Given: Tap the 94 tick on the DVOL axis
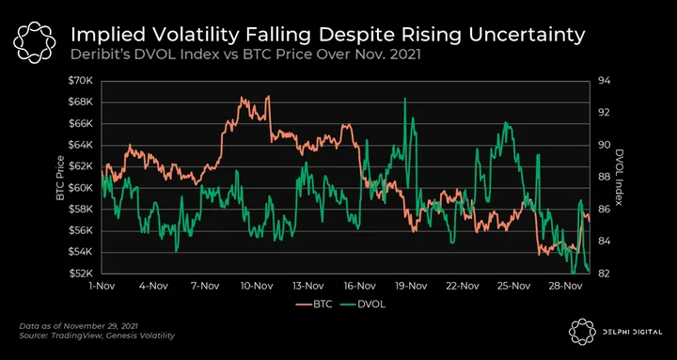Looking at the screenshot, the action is click(x=603, y=81).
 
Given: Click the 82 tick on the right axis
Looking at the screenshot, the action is click(x=603, y=274).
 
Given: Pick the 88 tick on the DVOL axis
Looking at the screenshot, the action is click(x=603, y=177).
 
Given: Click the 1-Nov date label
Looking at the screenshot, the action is click(x=102, y=286).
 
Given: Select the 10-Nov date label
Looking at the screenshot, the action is click(x=256, y=286).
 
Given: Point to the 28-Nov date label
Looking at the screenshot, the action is click(x=562, y=286).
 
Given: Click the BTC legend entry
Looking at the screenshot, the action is click(x=314, y=305).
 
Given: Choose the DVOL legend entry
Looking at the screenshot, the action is click(x=362, y=305).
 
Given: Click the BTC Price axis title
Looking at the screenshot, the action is click(x=60, y=178).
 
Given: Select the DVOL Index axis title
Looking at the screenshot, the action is click(x=620, y=178).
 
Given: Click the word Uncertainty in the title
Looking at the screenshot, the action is click(x=527, y=36).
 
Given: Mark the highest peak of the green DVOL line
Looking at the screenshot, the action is click(x=405, y=99).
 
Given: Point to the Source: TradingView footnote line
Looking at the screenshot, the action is click(x=98, y=336).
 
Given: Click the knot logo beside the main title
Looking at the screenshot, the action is click(x=34, y=42).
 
